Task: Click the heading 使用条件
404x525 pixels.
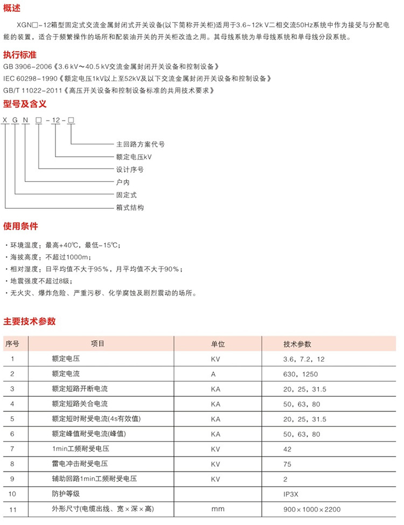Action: (20, 225)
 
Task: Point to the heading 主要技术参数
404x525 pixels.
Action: (30, 321)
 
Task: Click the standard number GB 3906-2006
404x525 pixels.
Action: (27, 67)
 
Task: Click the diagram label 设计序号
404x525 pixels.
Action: (130, 170)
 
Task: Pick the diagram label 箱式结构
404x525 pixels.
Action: (130, 207)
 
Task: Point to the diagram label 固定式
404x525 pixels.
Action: (127, 194)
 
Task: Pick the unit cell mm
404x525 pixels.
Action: (218, 509)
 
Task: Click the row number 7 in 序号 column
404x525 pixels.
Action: (12, 449)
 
